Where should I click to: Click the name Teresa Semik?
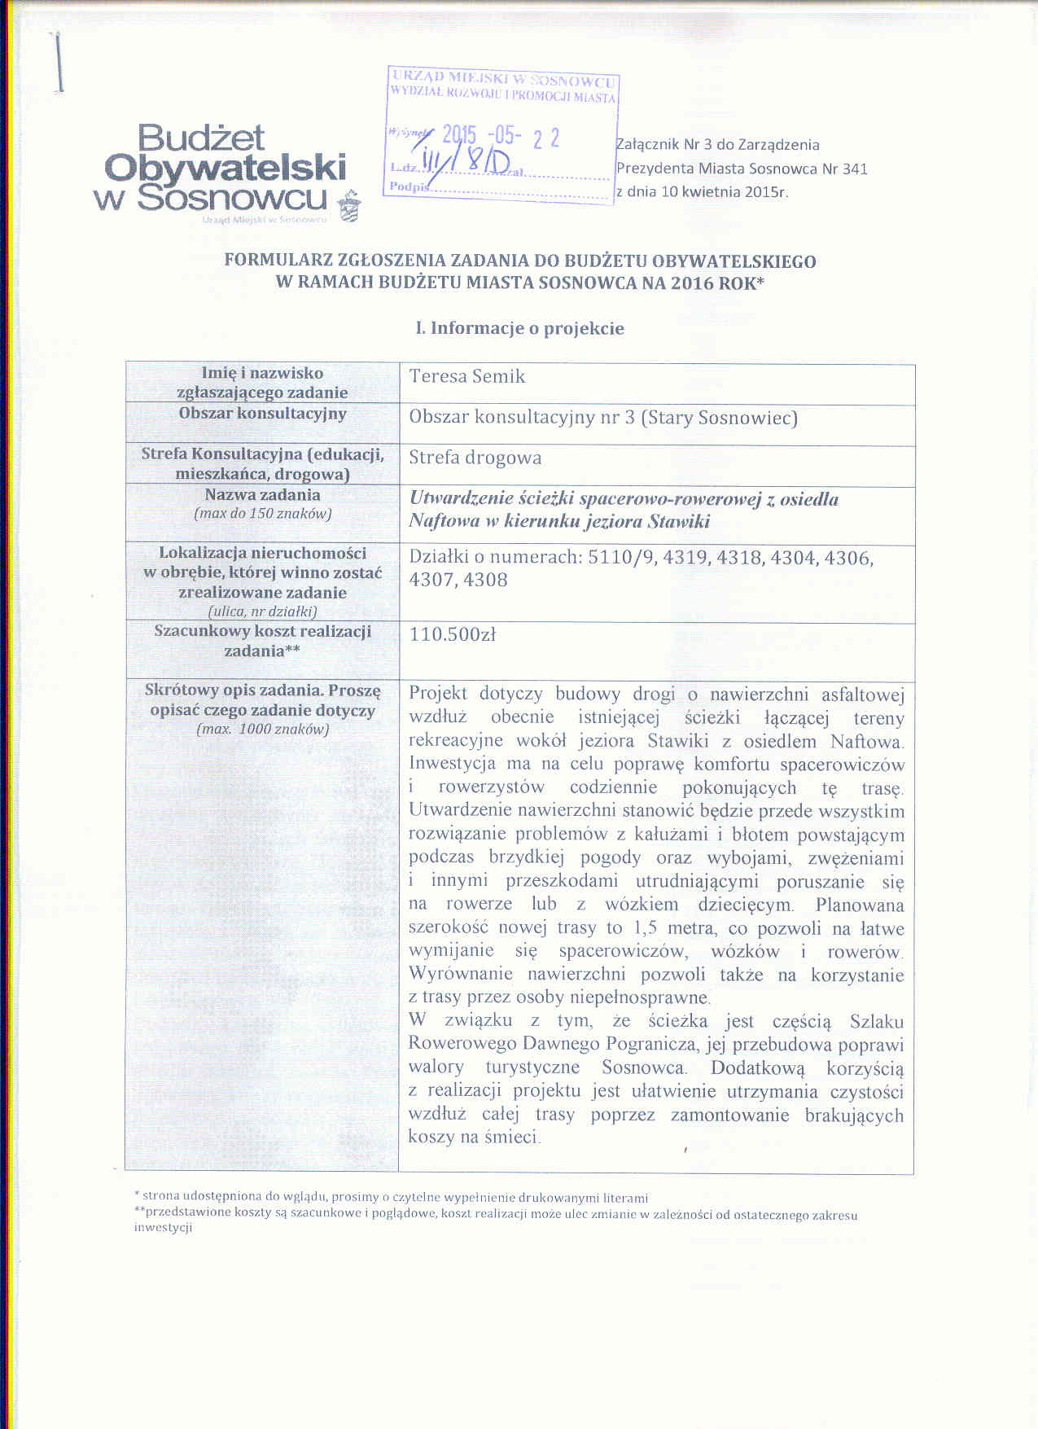click(x=466, y=377)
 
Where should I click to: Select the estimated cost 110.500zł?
click(x=453, y=634)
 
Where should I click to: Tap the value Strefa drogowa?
click(x=475, y=458)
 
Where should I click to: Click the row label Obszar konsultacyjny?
click(x=262, y=414)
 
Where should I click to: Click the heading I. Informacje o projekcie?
click(x=519, y=329)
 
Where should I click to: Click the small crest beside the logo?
click(x=349, y=206)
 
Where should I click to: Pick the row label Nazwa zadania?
click(x=262, y=495)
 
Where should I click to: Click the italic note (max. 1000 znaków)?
click(x=262, y=730)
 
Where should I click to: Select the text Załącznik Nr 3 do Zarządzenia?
click(x=717, y=146)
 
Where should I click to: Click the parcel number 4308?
click(x=485, y=581)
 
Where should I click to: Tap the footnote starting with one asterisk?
click(x=391, y=1197)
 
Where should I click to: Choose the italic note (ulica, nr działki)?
click(x=262, y=611)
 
